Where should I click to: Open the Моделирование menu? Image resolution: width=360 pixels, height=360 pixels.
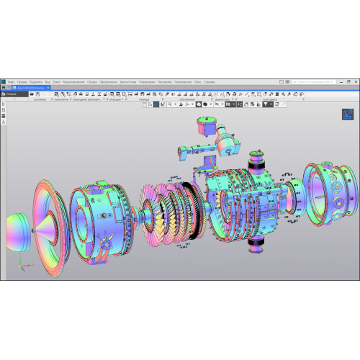(74, 81)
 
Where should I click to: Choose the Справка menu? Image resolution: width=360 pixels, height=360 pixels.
(210, 81)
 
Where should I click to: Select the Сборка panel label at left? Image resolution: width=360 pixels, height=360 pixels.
(12, 94)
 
